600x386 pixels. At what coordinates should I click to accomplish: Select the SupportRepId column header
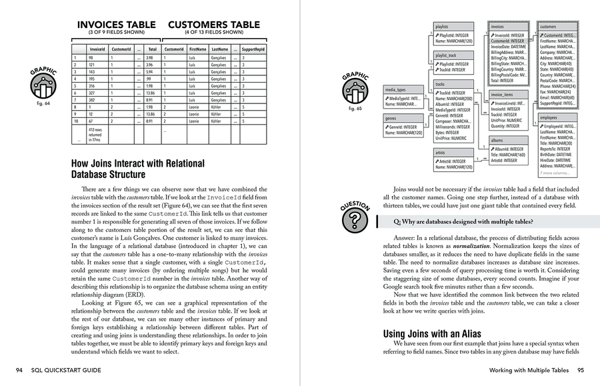253,49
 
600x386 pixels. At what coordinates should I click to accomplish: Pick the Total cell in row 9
153,114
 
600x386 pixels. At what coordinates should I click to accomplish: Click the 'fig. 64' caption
43,103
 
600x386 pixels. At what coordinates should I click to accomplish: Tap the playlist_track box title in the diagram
446,55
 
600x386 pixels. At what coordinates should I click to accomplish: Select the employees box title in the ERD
548,117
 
